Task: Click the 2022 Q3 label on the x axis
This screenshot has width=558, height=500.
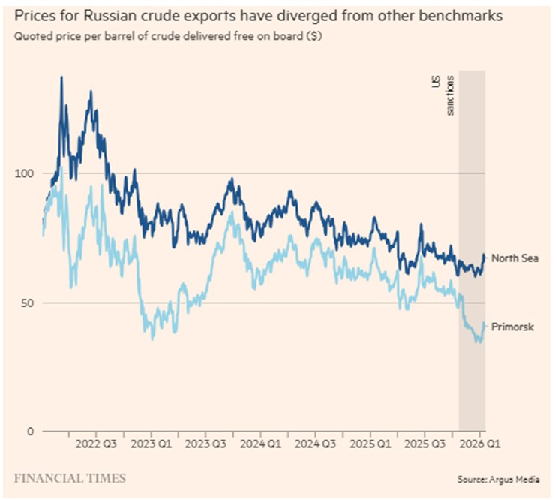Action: (97, 444)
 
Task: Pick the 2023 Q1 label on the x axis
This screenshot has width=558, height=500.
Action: (151, 444)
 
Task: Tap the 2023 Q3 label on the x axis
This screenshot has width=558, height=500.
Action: (205, 444)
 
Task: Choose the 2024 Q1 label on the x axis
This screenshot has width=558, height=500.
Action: (260, 444)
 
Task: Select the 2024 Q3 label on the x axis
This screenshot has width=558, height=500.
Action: (315, 444)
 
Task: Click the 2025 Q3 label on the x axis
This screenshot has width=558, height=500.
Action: (424, 444)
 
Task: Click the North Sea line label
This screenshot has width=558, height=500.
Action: (515, 258)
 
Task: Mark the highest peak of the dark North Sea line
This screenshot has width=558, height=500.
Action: (61, 77)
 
